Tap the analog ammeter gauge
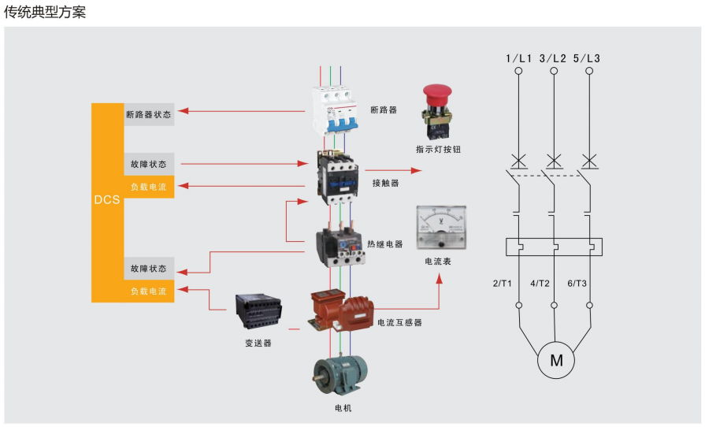[440, 225]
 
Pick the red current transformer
[340, 311]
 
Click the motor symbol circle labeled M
[556, 361]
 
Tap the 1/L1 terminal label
[519, 58]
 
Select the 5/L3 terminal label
[587, 58]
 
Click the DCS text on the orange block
[106, 200]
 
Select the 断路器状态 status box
[148, 114]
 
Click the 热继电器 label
[385, 244]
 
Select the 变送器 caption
[258, 343]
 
